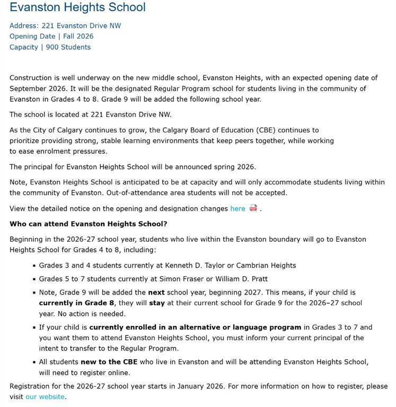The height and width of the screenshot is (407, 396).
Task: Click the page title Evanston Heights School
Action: tap(77, 7)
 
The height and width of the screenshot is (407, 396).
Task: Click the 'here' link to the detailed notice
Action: tap(237, 209)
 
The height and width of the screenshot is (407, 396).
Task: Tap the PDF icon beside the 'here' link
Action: tap(253, 208)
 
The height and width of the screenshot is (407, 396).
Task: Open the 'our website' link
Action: tap(45, 396)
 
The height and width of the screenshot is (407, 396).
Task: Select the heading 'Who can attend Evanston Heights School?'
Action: tap(89, 224)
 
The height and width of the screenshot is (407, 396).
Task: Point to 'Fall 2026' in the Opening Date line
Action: tap(77, 37)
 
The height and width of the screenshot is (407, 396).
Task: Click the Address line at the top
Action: tap(65, 25)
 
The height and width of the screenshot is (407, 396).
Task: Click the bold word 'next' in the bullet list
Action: tap(156, 293)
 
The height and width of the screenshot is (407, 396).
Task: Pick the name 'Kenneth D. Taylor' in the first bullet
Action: tap(195, 266)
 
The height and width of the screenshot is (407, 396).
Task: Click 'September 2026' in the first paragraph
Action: tap(36, 89)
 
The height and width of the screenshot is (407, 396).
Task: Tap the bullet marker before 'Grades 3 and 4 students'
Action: tap(34, 266)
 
